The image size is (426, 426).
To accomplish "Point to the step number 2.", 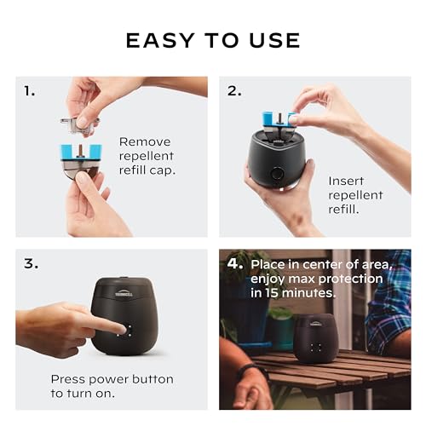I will (233, 91).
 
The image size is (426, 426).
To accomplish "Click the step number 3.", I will (31, 263).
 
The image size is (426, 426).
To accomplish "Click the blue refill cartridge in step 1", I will (81, 153).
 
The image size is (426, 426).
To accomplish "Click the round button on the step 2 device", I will (278, 175).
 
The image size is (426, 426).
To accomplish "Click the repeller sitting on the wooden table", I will (315, 337).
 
